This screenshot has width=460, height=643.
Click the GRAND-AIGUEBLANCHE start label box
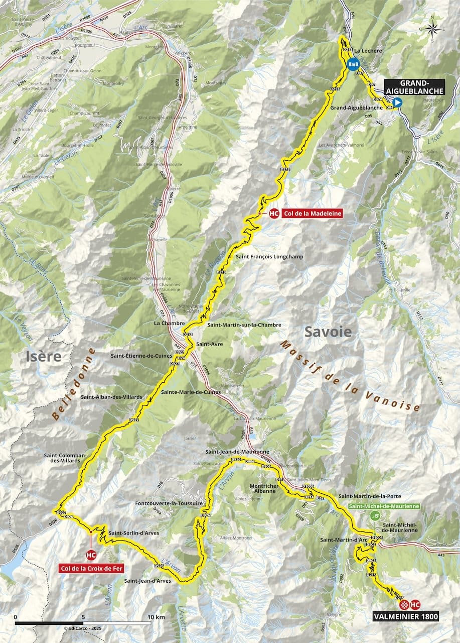click(414, 87)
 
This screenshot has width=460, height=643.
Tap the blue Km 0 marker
click(353, 65)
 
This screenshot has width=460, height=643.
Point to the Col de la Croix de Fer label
click(91, 569)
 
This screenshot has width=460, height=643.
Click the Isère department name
click(44, 357)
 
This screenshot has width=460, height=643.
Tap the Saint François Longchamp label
click(269, 256)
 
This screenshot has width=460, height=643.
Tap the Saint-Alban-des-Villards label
click(111, 397)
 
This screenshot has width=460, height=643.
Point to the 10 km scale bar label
click(157, 617)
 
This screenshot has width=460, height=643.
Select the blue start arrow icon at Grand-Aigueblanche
click(397, 102)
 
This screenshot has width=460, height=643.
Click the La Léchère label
click(366, 51)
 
